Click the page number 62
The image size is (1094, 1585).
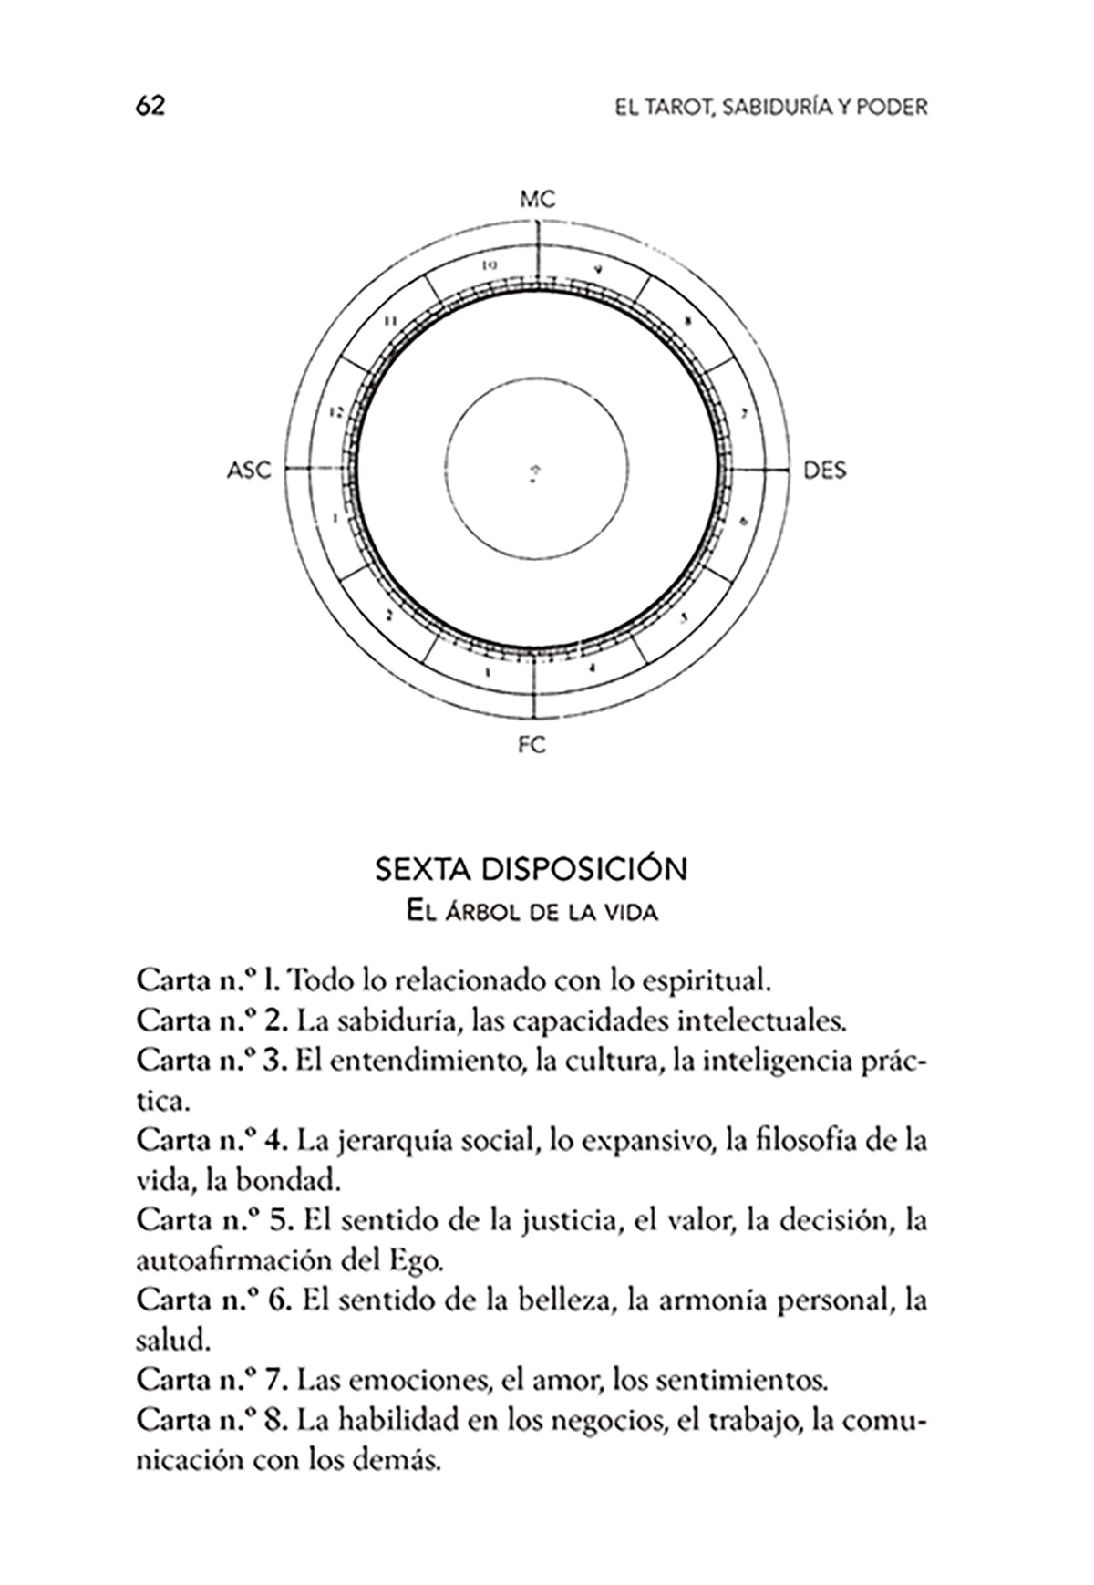point(150,107)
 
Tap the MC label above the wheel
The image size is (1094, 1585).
point(537,199)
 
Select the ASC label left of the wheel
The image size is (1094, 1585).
point(249,471)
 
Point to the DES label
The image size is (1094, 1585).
point(824,471)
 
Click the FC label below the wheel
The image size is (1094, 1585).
point(532,745)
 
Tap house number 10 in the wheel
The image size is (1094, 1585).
point(490,266)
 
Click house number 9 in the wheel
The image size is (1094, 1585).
point(598,268)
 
